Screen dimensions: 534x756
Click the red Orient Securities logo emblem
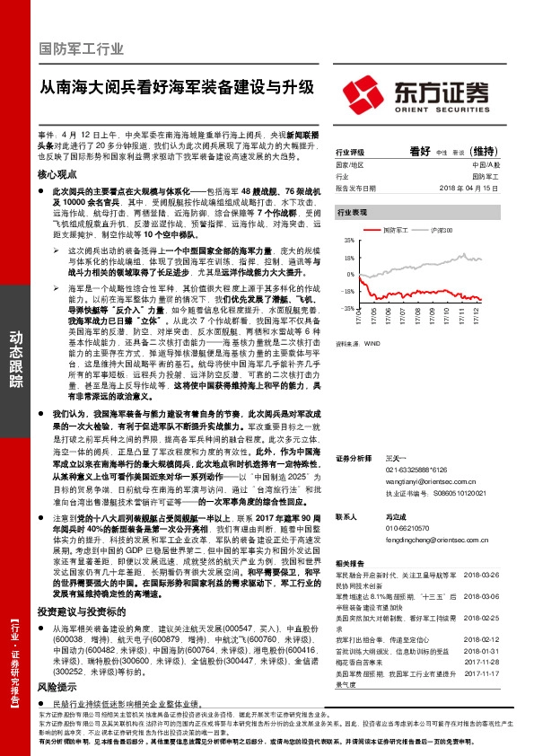point(361,94)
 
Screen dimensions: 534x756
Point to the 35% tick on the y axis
point(346,242)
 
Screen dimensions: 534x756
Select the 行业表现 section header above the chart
point(352,212)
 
